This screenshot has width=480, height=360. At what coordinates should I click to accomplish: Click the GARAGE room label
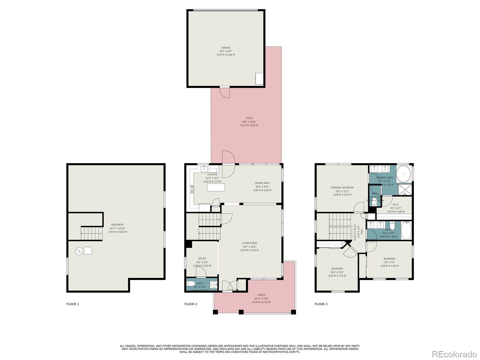tap(226, 48)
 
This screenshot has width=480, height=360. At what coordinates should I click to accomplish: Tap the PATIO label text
tap(249, 118)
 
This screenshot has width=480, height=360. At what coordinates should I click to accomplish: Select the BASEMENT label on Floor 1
tap(117, 225)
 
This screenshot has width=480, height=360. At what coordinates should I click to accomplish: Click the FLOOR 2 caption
tap(191, 304)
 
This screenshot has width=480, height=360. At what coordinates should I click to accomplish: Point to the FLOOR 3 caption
tap(321, 304)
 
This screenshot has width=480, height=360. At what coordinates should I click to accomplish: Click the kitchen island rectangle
tap(216, 187)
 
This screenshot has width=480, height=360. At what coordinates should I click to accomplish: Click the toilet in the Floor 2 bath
tap(191, 284)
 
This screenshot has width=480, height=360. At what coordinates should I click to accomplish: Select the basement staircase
tap(91, 233)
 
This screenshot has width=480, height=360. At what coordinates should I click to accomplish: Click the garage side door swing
tap(225, 93)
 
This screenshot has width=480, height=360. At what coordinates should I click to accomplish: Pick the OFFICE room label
tap(202, 259)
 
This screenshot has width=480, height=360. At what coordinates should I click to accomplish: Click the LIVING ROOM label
tap(249, 243)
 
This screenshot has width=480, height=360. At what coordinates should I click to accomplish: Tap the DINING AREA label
tap(262, 183)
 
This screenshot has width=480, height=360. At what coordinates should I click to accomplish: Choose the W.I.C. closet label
tap(396, 205)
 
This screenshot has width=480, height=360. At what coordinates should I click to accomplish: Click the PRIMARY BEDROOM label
tap(342, 187)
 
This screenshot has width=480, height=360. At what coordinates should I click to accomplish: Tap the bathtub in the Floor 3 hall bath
tap(406, 230)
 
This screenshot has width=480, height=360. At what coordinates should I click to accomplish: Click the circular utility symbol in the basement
tap(79, 251)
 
